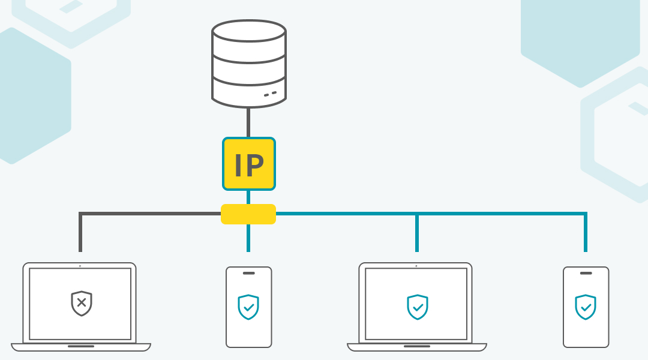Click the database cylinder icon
click(248, 65)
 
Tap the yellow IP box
click(248, 164)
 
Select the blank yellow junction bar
click(248, 214)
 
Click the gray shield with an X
click(81, 303)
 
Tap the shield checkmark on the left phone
click(248, 307)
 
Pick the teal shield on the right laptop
click(417, 307)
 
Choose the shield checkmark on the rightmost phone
click(586, 307)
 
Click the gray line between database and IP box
click(248, 123)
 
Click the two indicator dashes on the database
click(270, 94)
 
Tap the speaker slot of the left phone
click(248, 273)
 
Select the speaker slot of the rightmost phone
click(586, 273)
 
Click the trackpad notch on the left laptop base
click(81, 346)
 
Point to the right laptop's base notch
click(417, 346)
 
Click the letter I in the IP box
click(238, 165)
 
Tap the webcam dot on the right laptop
click(416, 266)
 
